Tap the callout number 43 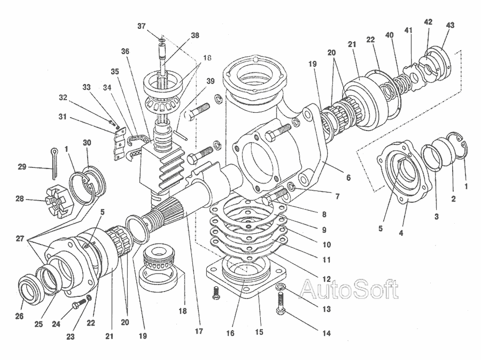(x=451, y=25)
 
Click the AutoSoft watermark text (x=348, y=289)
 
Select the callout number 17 (x=199, y=331)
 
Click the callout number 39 (x=211, y=81)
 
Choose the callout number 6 (x=348, y=177)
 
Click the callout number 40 (x=389, y=34)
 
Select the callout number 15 (x=259, y=332)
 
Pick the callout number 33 (x=87, y=87)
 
